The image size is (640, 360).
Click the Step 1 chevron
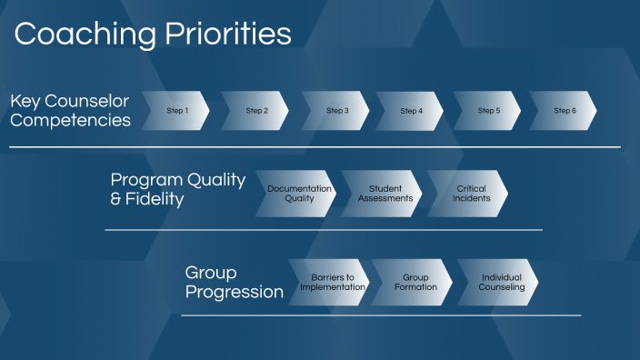pyautogui.click(x=177, y=111)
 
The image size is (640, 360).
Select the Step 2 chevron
pyautogui.click(x=256, y=111)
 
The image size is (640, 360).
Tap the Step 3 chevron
pyautogui.click(x=337, y=111)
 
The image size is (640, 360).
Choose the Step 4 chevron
pyautogui.click(x=411, y=111)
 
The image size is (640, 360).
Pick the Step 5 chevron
pyautogui.click(x=488, y=111)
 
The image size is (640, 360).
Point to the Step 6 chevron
pyautogui.click(x=565, y=111)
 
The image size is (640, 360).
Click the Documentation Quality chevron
pyautogui.click(x=298, y=194)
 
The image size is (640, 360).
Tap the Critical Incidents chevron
pyautogui.click(x=470, y=194)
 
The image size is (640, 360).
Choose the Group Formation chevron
pyautogui.click(x=415, y=282)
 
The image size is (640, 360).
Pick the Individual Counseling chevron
pyautogui.click(x=501, y=282)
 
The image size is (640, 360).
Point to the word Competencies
pyautogui.click(x=70, y=120)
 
